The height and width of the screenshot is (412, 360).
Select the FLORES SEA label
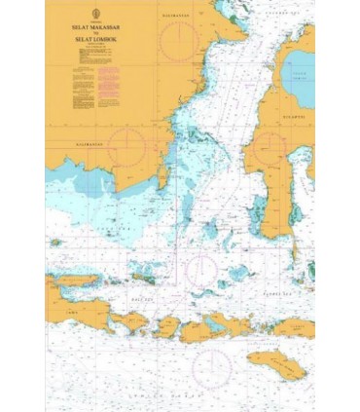point(282,290)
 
